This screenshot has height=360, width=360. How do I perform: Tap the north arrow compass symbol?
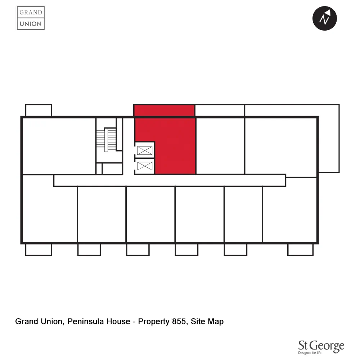324,18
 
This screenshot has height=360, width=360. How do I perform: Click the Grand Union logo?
31,18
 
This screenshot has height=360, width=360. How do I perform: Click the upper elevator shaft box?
145,150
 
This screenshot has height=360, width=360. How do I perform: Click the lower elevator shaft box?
145,166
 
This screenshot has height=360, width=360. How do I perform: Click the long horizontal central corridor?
169,180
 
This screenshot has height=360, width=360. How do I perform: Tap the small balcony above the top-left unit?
39,110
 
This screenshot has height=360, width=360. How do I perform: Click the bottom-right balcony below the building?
300,249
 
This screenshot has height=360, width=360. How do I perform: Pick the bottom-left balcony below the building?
39,249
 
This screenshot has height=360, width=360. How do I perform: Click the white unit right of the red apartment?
220,146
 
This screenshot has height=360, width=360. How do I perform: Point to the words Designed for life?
310,354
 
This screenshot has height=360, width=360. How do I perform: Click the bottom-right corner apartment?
290,214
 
